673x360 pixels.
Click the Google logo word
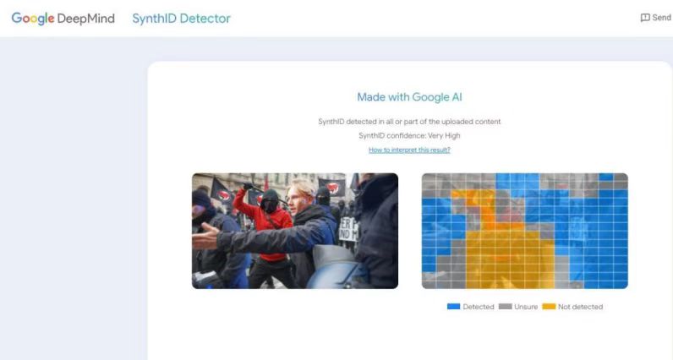33,19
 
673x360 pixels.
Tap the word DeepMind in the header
86,19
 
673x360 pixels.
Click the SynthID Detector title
181,19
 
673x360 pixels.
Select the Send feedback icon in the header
644,18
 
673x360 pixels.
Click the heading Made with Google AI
409,97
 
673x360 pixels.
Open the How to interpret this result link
409,150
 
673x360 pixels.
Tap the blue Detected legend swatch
454,307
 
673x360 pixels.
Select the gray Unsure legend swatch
506,307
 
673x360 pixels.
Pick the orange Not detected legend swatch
549,307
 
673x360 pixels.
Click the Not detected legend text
580,307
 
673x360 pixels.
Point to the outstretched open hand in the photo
205,237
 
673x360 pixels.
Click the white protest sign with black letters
348,229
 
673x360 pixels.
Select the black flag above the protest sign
331,187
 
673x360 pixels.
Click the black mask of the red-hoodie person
269,205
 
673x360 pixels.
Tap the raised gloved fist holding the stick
248,187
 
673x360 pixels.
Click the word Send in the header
661,18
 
